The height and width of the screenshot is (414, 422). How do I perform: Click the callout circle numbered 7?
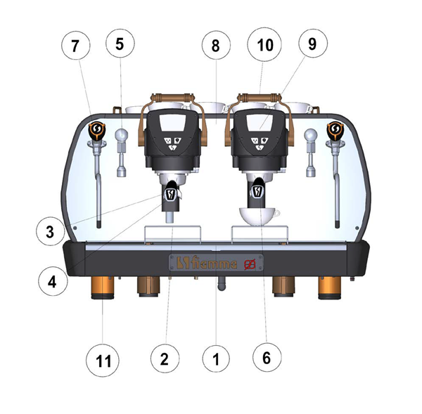point(75,45)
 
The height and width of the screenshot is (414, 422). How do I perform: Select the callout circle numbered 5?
point(120,44)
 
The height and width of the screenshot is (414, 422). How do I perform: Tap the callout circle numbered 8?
point(216,45)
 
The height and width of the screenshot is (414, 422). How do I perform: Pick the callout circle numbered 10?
point(264,44)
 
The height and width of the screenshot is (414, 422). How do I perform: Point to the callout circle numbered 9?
point(312,44)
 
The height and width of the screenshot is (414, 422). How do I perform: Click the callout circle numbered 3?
point(51,231)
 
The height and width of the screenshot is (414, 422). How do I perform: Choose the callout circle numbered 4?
point(53,282)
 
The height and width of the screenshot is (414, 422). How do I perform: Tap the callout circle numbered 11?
point(103,360)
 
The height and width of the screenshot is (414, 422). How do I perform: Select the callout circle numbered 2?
point(165,358)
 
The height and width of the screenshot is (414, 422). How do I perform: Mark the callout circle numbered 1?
point(216,358)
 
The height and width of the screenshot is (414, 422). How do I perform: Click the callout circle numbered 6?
point(267,357)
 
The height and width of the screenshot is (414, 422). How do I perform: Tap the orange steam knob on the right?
point(335,131)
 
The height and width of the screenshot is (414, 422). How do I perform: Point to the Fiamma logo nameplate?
point(216,263)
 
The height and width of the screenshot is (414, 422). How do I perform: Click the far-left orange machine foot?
point(103,288)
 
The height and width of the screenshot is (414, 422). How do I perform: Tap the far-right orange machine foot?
point(329,288)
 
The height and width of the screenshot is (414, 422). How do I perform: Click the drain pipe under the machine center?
point(222,284)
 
